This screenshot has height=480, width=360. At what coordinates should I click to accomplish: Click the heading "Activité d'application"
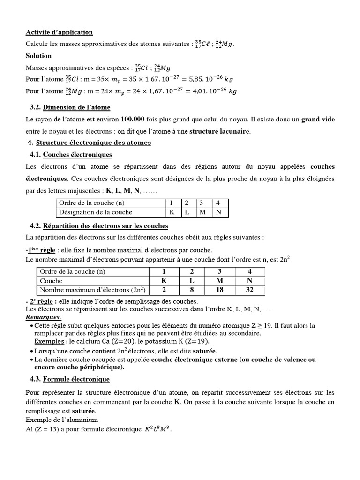click(x=59, y=32)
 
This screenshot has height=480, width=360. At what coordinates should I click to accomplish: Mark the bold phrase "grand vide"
click(x=318, y=120)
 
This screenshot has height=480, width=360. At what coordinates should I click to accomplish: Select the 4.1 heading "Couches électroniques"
click(x=77, y=154)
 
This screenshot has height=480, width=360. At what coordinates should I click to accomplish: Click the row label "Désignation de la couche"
click(x=95, y=212)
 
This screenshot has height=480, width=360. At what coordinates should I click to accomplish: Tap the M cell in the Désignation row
click(x=203, y=212)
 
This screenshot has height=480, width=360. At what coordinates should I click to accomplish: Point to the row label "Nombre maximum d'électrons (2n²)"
click(x=92, y=289)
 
